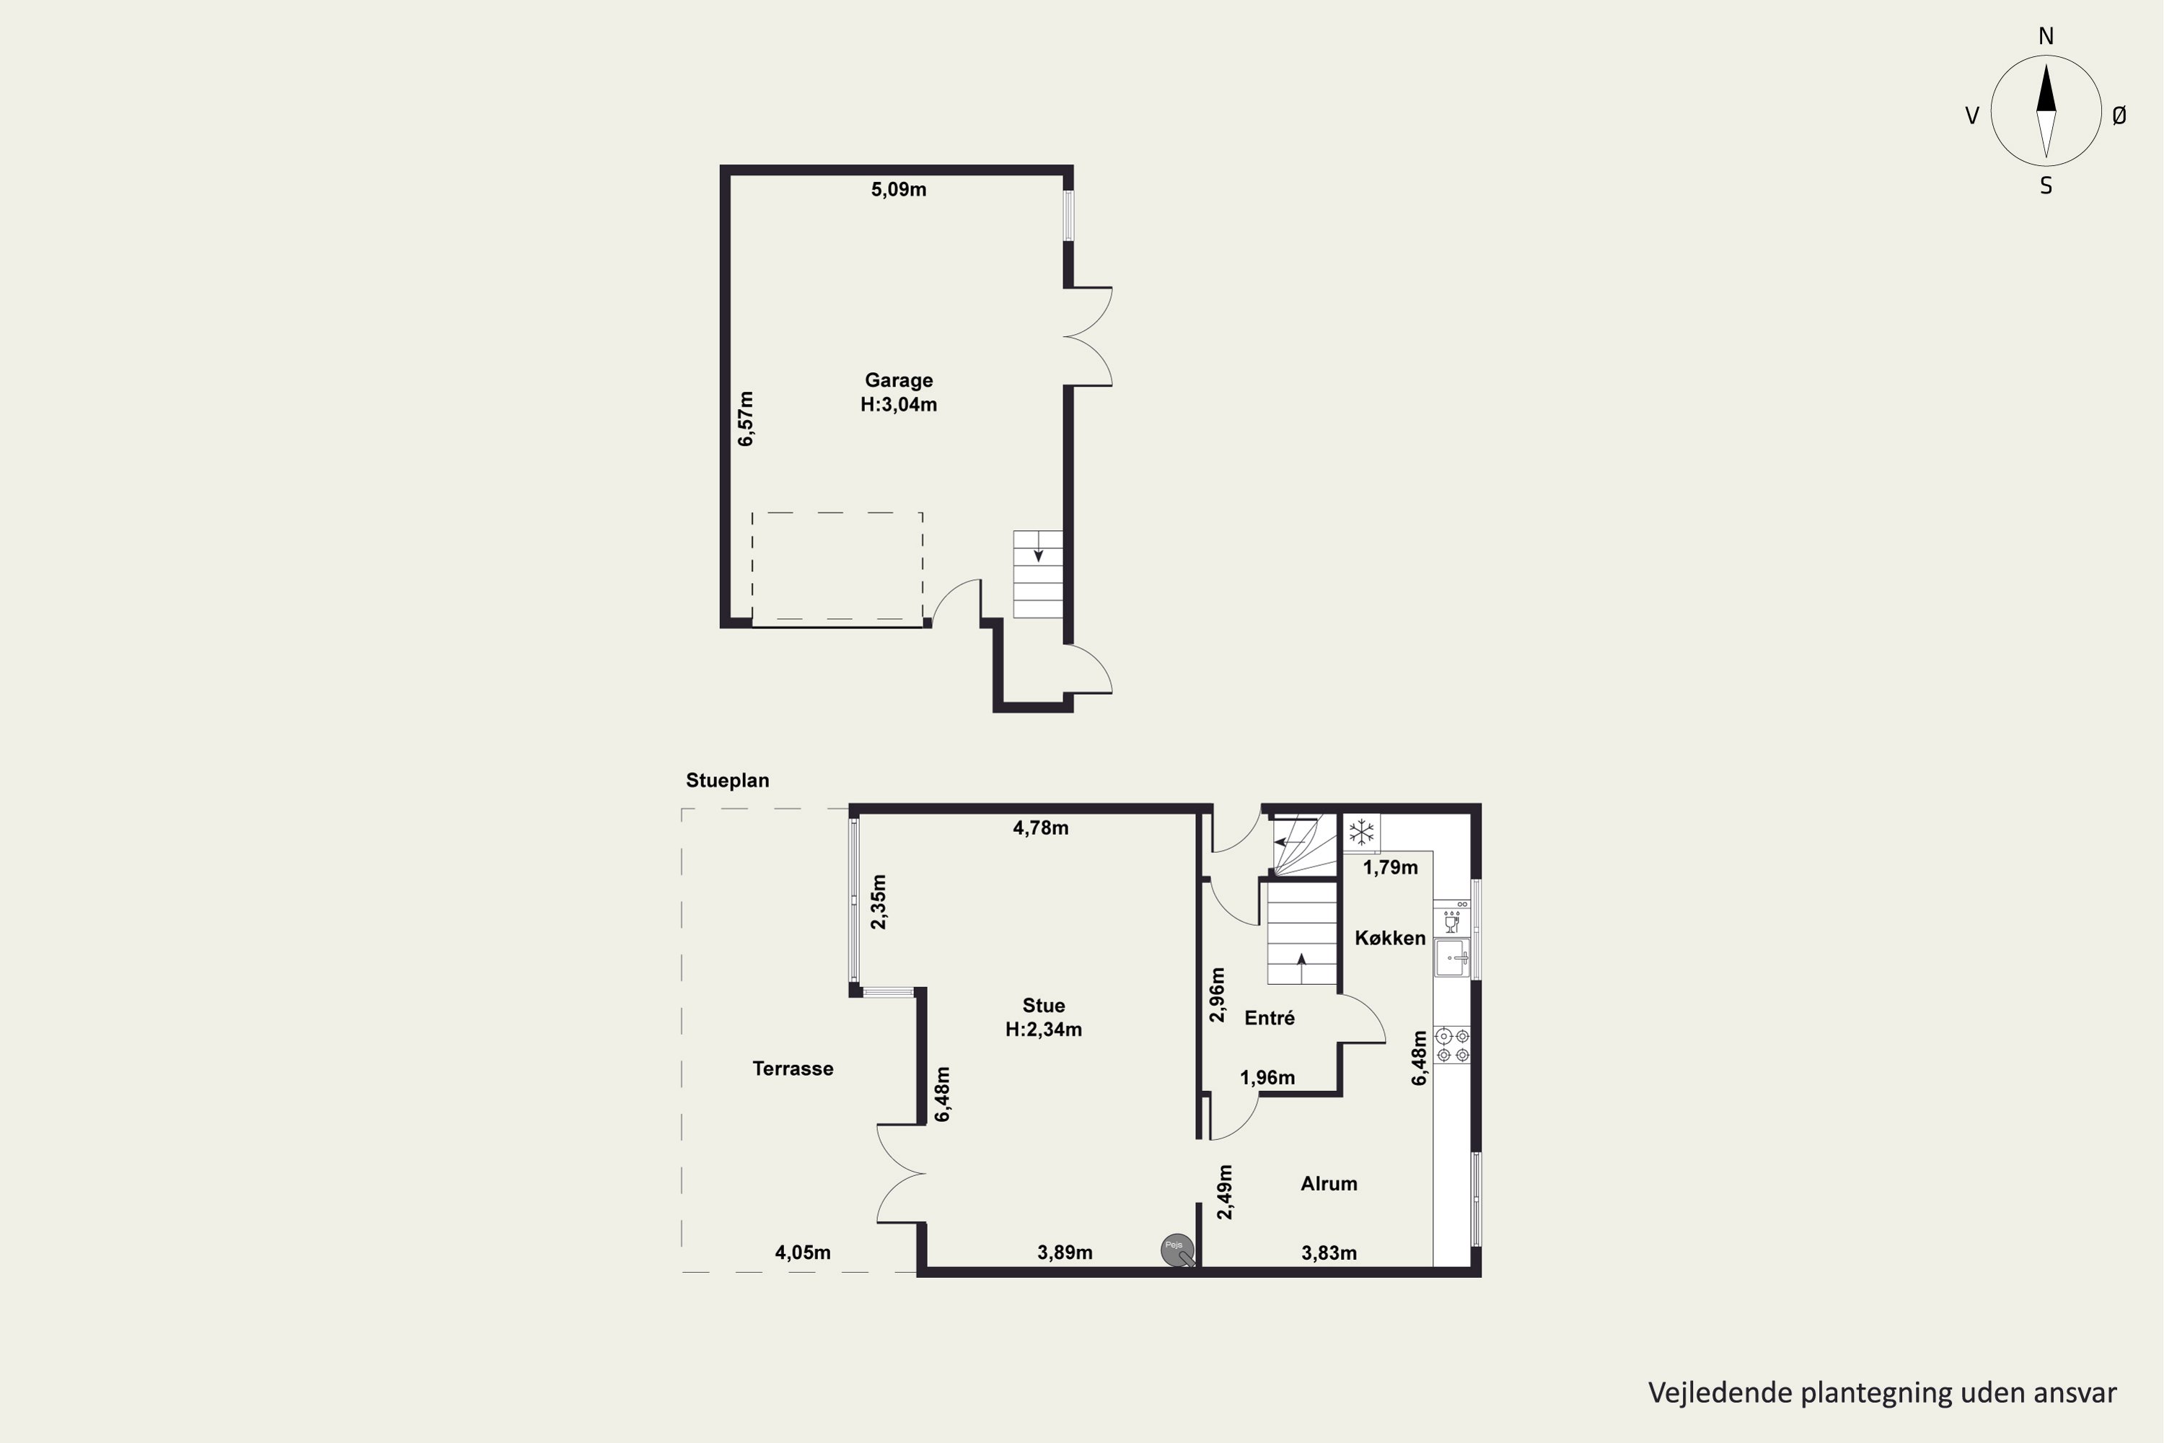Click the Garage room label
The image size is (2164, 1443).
tap(899, 380)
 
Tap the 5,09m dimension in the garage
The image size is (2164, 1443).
tap(899, 190)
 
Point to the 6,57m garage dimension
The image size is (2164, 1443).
tap(746, 418)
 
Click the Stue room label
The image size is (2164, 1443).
tap(1043, 1006)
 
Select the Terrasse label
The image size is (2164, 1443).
tap(793, 1069)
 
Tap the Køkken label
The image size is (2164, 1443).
tap(1390, 938)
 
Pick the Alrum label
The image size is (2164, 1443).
tap(1329, 1183)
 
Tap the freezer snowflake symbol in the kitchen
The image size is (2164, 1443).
tap(1362, 833)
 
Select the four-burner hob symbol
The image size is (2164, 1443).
tap(1453, 1045)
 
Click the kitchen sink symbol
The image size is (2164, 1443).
tap(1452, 958)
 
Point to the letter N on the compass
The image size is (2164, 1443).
tap(2046, 36)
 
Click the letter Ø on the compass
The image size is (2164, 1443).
tap(2119, 115)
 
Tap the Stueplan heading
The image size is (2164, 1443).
tap(727, 781)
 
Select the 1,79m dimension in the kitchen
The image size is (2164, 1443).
tap(1390, 867)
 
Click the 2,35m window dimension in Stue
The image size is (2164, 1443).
tap(879, 902)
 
